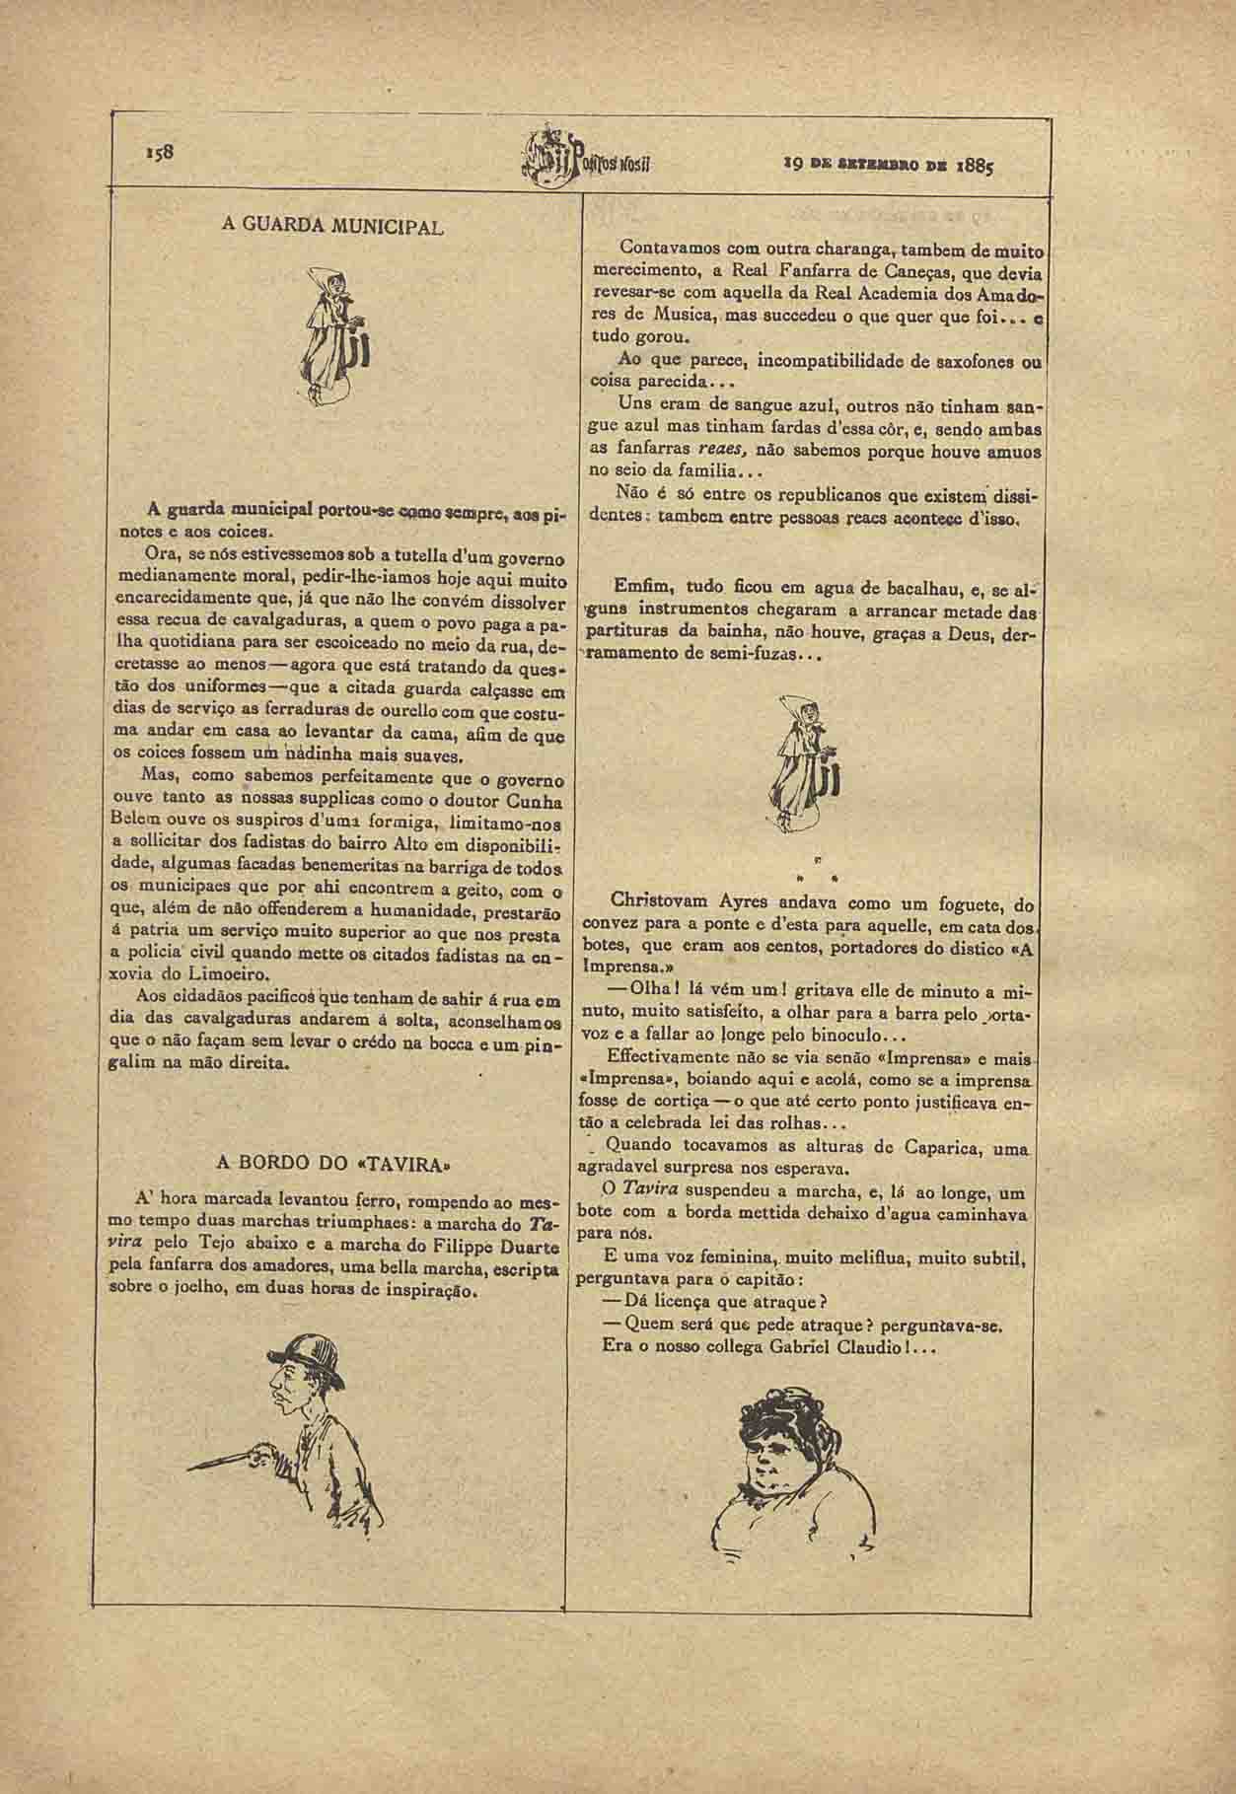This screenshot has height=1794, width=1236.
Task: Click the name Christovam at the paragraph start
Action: pos(657,900)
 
